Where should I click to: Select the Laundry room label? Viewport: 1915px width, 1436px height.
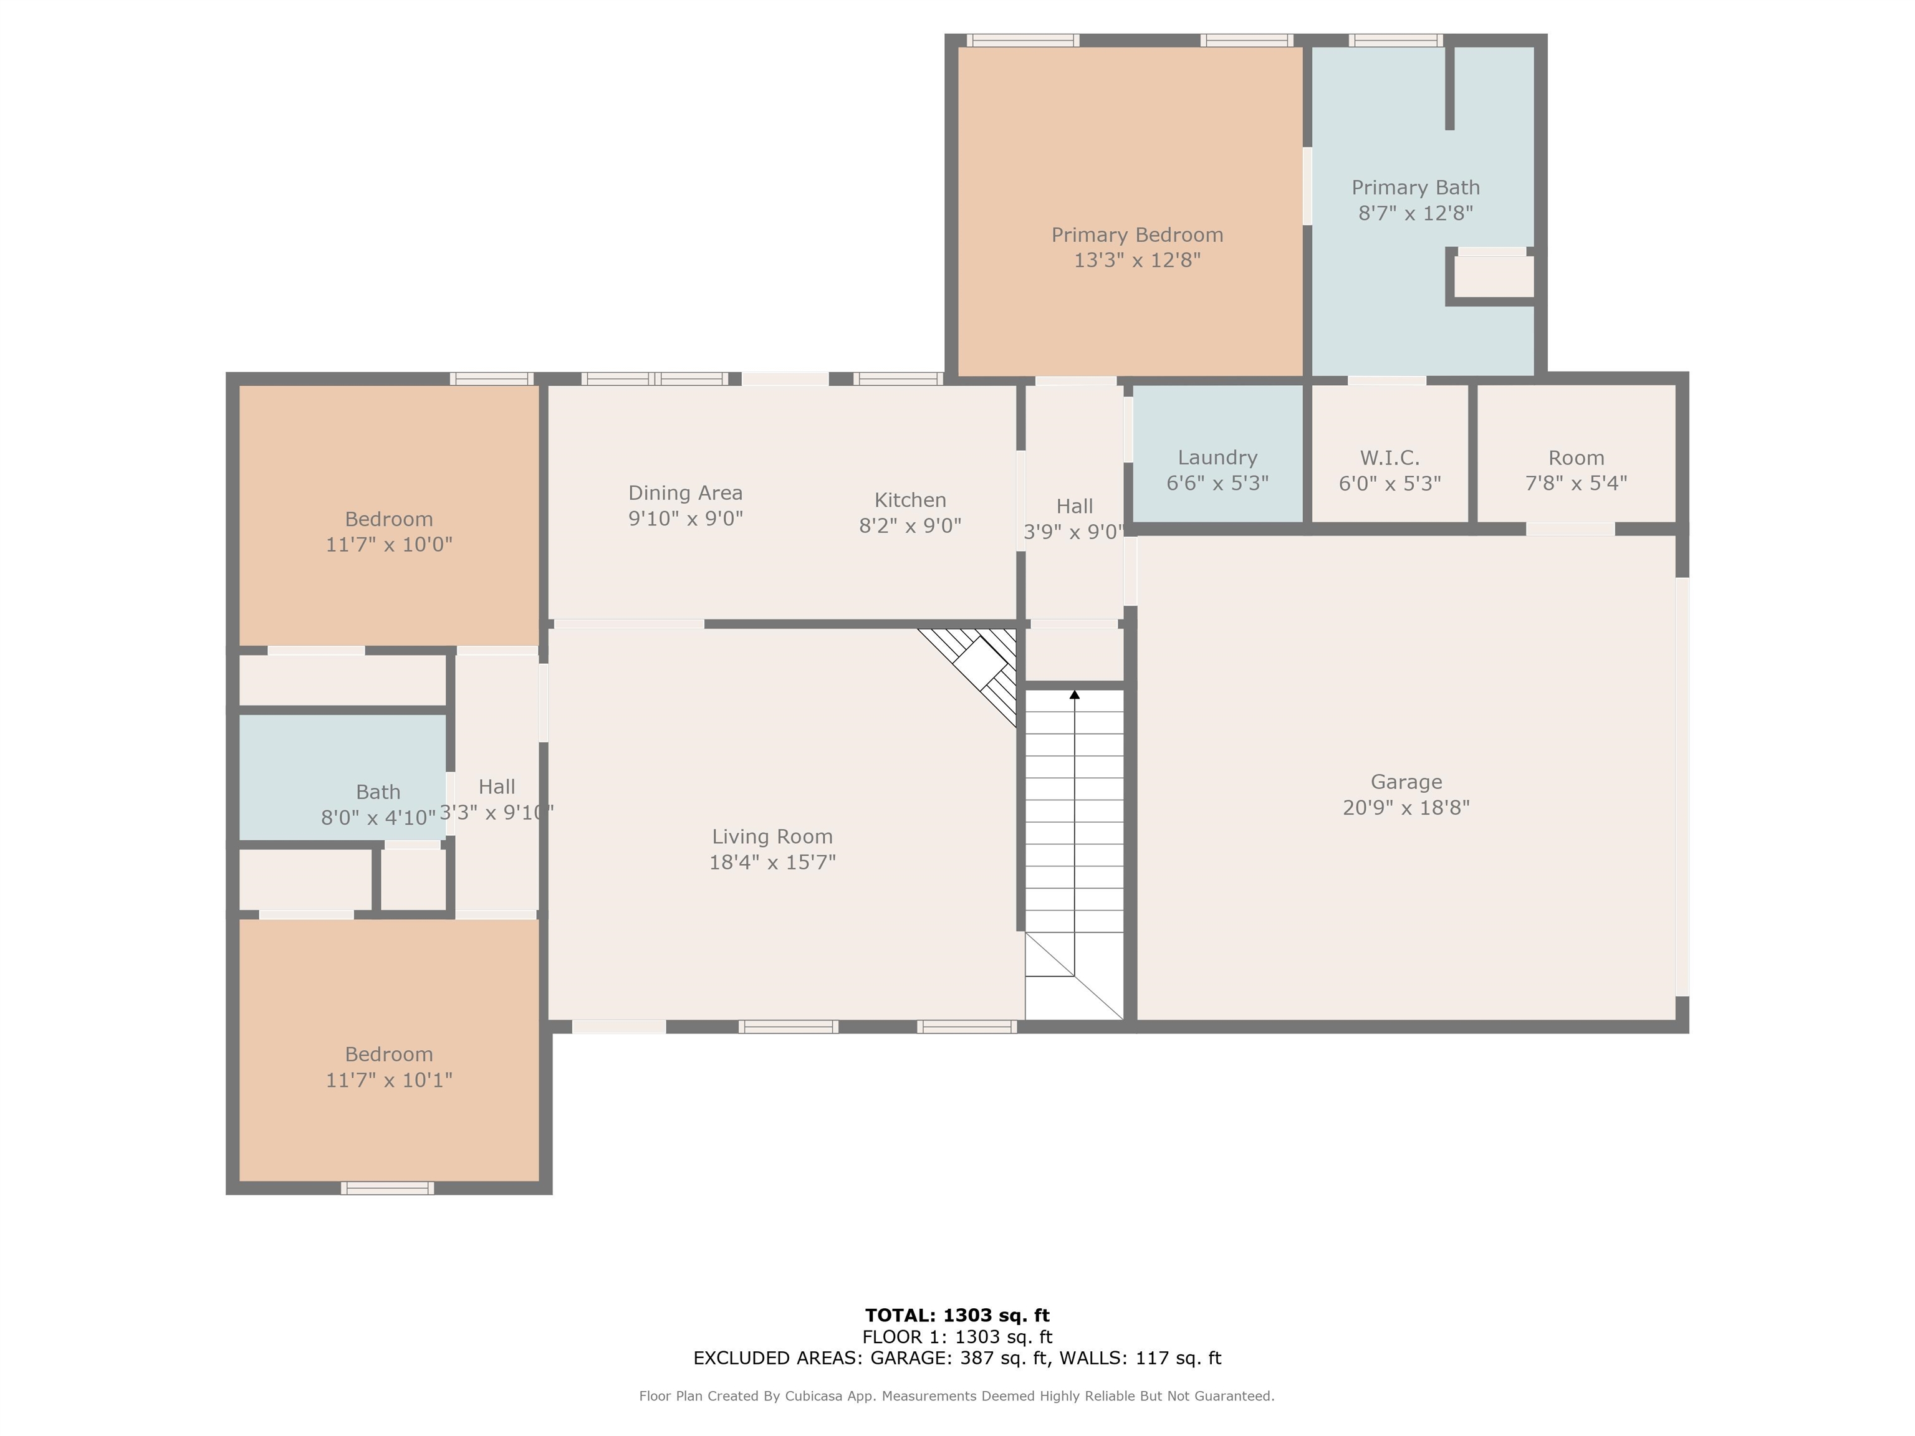pos(1217,458)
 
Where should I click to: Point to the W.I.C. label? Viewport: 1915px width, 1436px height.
pos(1389,458)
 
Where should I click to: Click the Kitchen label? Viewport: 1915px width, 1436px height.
pos(910,500)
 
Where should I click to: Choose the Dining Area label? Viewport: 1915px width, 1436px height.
pos(685,494)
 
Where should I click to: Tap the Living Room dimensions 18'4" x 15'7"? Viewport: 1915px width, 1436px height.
pos(772,862)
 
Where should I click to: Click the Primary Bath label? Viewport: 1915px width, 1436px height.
pos(1416,188)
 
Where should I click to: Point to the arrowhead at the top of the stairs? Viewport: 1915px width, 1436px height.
pos(1074,694)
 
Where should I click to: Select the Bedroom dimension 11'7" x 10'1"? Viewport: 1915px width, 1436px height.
pos(389,1079)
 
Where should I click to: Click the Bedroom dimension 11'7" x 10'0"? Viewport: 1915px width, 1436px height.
pos(389,545)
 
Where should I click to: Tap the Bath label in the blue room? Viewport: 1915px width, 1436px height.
pos(378,792)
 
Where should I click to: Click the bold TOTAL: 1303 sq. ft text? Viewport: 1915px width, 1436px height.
pos(957,1316)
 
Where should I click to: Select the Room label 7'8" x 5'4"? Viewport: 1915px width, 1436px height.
pos(1576,458)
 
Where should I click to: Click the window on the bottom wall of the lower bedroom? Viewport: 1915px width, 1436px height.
pos(387,1187)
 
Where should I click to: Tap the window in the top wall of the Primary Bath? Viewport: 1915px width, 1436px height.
pos(1396,40)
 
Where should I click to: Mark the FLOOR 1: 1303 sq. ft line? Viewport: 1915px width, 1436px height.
pos(957,1338)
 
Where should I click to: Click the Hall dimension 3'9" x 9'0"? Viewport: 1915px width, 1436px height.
pos(1074,532)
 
